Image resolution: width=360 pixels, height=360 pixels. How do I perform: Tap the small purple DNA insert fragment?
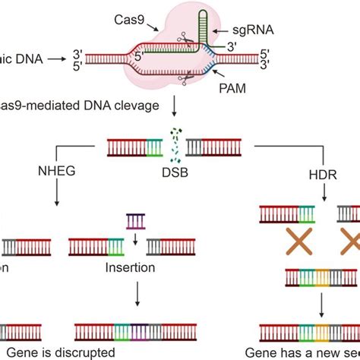click(135, 221)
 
